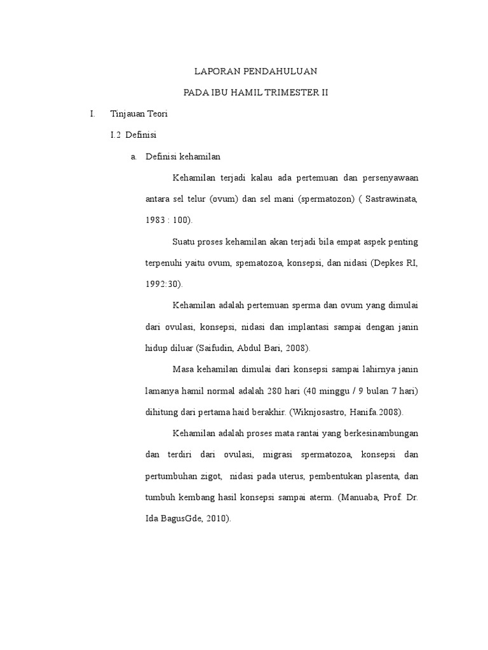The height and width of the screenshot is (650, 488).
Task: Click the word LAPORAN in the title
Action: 214,71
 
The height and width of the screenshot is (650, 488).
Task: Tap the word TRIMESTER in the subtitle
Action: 295,93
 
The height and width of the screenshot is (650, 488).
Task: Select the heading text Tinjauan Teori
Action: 139,114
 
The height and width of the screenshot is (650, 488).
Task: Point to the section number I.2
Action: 116,135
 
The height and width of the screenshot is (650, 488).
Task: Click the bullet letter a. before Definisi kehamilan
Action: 133,156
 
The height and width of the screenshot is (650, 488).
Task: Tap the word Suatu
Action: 184,242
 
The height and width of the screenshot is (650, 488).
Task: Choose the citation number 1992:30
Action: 162,284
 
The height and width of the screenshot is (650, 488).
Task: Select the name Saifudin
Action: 218,348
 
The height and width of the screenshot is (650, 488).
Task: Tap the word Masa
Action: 184,369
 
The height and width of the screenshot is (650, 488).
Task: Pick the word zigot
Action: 210,476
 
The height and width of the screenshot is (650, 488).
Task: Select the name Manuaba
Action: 358,498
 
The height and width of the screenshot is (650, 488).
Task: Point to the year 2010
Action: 218,519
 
